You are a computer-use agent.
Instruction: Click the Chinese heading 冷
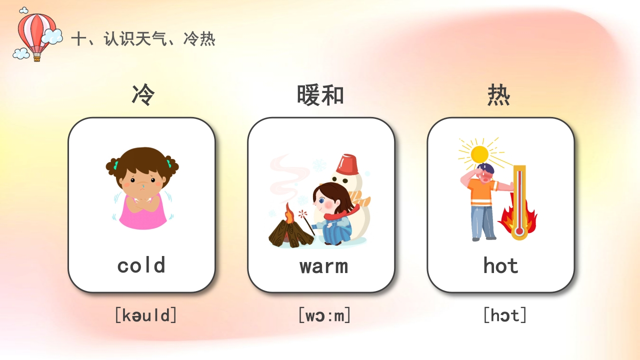(143, 95)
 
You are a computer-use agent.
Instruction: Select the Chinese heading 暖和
(320, 95)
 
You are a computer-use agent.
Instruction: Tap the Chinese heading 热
(498, 95)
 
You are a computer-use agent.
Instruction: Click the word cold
(141, 265)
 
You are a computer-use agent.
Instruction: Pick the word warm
(323, 266)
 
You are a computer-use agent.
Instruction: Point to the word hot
(500, 265)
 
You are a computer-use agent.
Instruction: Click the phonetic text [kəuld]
(145, 315)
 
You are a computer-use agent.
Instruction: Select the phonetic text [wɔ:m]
(324, 315)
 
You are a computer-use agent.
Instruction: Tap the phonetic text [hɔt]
(504, 315)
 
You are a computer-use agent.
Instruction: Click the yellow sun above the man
(479, 153)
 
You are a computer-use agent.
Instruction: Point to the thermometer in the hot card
(519, 202)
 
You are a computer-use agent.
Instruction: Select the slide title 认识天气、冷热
(143, 38)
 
